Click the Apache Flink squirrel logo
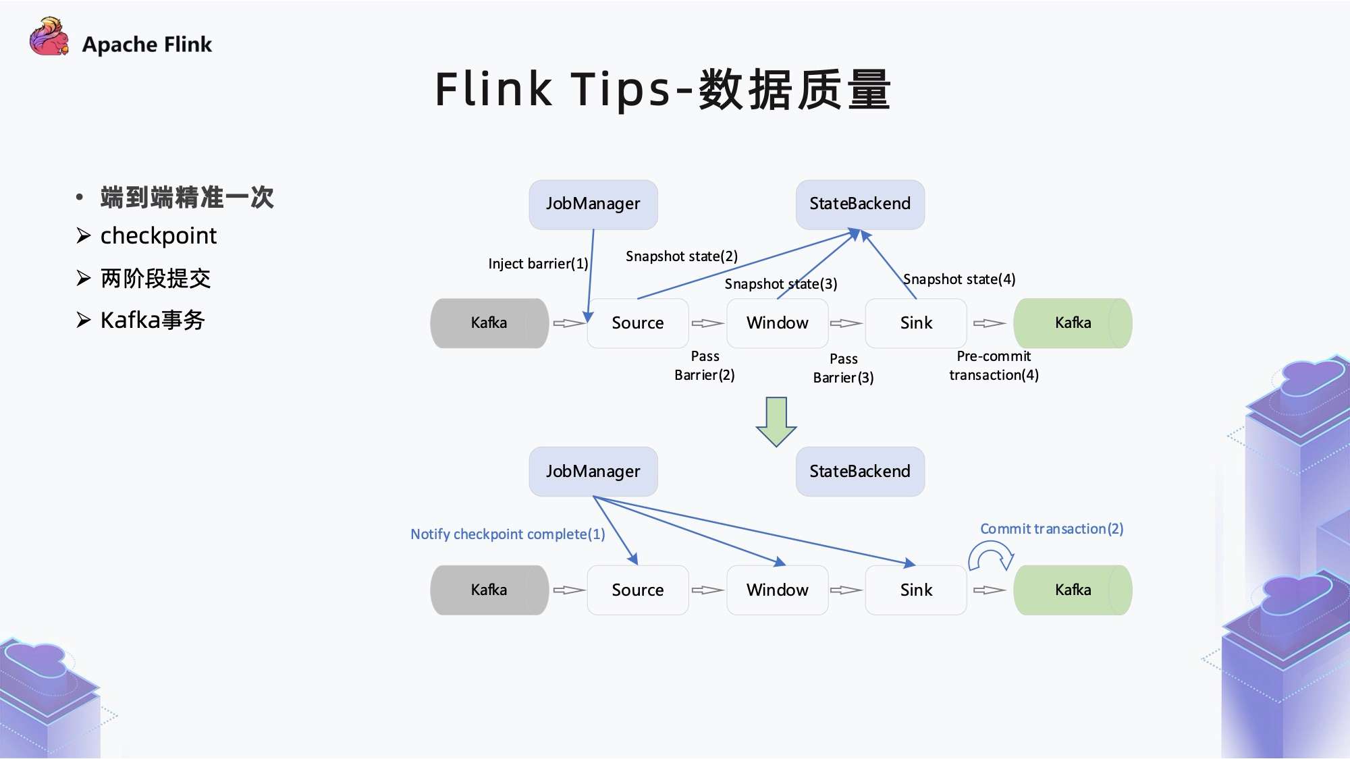(49, 37)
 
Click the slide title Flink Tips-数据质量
(663, 89)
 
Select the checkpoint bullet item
(158, 236)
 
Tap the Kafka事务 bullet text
(153, 320)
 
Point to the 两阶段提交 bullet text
(155, 278)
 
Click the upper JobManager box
(593, 204)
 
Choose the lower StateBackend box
(860, 471)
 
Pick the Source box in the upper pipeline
(637, 323)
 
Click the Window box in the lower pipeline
(777, 590)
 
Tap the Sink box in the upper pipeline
(915, 323)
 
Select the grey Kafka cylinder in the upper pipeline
(489, 323)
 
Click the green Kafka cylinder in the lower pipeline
(1073, 590)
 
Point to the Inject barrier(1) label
(538, 264)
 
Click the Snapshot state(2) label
(681, 256)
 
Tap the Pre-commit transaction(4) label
(994, 366)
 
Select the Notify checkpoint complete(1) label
(508, 534)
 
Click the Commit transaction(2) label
(1052, 529)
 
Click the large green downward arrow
(776, 422)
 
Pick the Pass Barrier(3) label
(843, 368)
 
